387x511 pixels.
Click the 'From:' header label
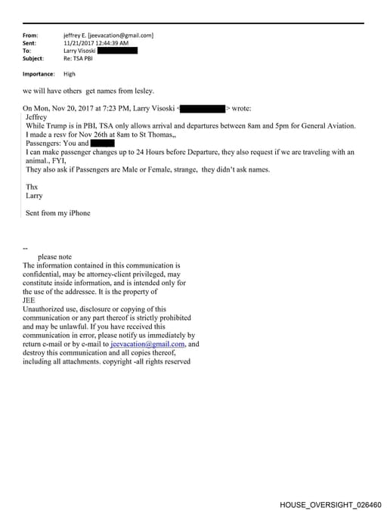(30, 36)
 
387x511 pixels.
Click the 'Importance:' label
(39, 74)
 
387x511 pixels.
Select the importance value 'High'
(70, 74)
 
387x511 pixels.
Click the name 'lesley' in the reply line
(143, 91)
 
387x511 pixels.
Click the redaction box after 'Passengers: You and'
(102, 143)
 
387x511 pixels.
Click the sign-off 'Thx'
(32, 186)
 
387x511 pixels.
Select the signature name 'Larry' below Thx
(34, 195)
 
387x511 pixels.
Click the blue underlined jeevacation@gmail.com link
(147, 344)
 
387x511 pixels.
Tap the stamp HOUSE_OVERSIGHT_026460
(330, 503)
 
